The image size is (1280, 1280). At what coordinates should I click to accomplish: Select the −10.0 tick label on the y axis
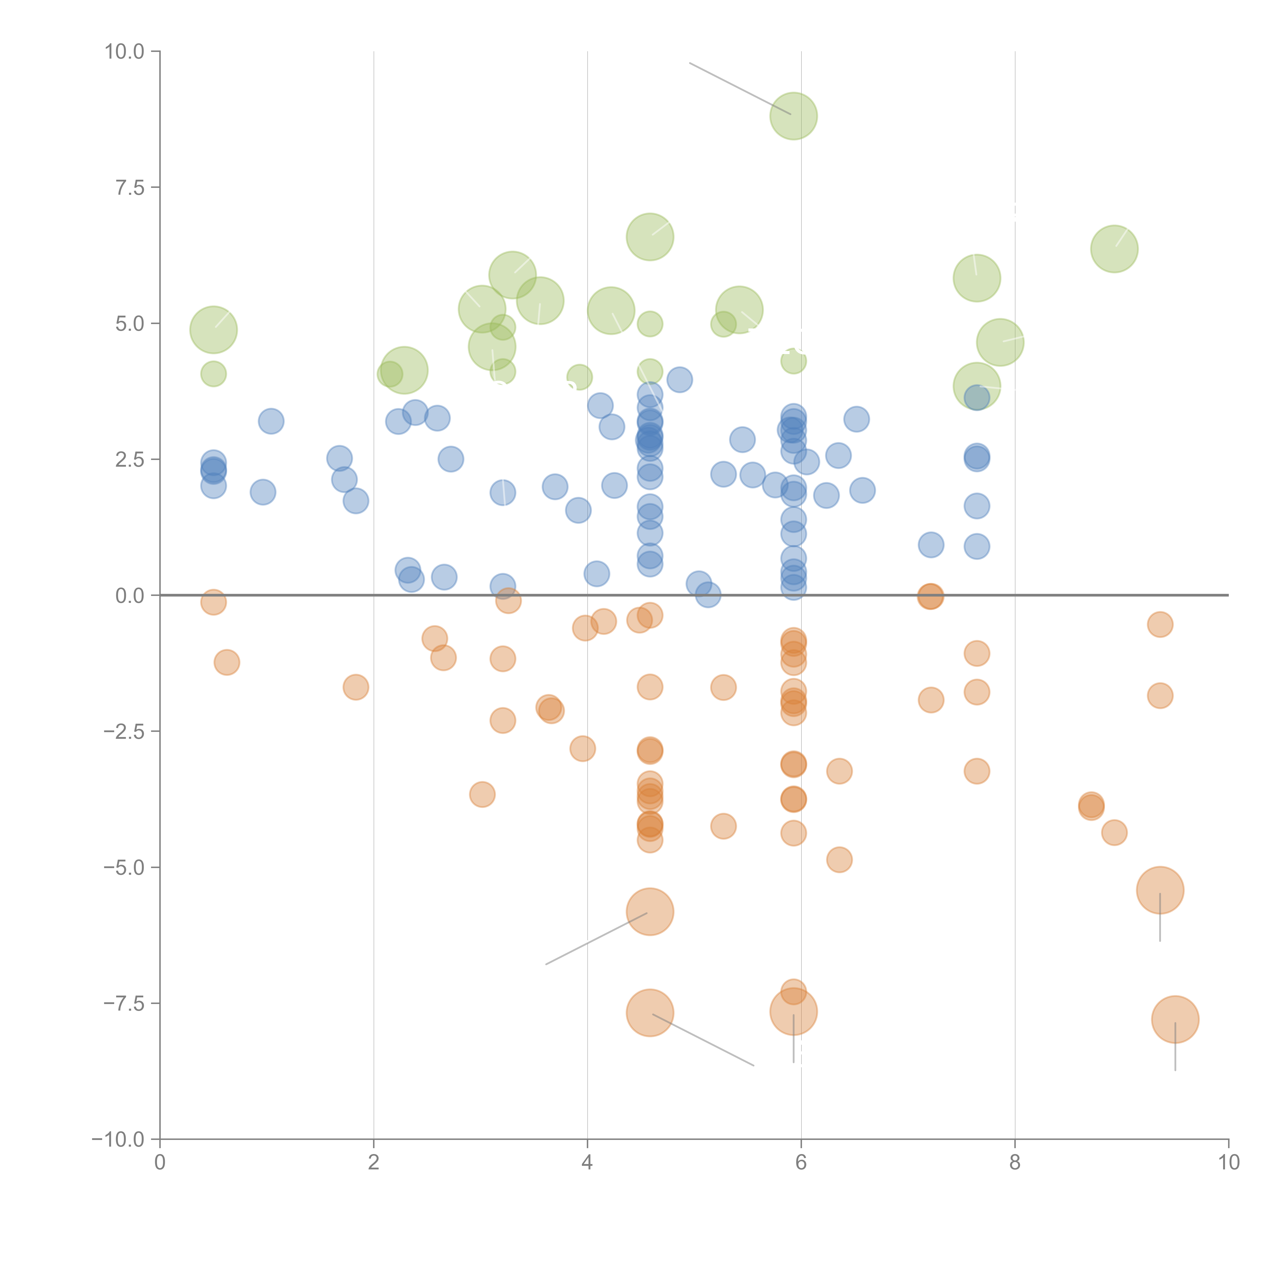118,1139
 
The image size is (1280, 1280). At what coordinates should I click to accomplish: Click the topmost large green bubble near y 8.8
793,116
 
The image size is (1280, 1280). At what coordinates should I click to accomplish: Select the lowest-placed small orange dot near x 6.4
839,860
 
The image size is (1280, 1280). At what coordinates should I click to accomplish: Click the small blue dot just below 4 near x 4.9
679,380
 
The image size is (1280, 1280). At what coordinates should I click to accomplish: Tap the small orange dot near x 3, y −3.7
482,794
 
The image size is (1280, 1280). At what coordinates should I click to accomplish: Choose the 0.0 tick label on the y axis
130,596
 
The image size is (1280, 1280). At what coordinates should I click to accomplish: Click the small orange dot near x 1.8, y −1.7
356,687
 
